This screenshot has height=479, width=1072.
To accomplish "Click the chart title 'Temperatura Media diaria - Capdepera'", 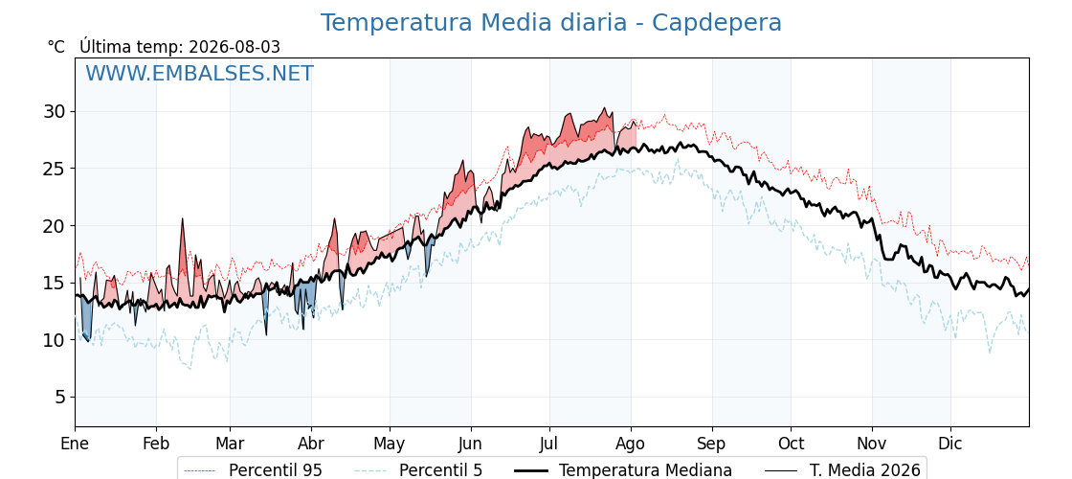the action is point(551,23).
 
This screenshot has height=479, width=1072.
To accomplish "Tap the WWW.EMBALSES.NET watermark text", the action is point(200,73).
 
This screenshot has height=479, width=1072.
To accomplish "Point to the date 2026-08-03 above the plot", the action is point(234,47).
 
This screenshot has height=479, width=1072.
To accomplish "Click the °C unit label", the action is point(56,47).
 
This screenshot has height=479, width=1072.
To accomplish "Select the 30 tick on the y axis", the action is point(56,111).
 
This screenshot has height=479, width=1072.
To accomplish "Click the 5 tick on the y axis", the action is point(62,397).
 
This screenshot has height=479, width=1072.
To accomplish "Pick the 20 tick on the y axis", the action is point(56,226).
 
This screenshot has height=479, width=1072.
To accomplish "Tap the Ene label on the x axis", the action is point(75,444).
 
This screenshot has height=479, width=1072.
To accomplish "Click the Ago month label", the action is point(631,444).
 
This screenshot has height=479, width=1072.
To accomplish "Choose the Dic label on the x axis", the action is point(950,444).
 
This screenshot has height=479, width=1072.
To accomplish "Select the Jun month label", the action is point(470,444).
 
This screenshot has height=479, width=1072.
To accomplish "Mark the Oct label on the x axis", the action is point(791,444).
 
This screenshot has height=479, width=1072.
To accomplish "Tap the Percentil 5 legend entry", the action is point(419,470).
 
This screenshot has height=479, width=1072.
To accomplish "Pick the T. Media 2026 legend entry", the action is point(842,470).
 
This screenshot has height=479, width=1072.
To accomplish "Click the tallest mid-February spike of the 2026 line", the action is point(183,219).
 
